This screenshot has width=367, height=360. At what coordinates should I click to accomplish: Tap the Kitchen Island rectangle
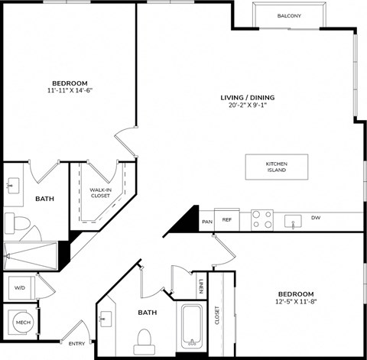[x=276, y=167]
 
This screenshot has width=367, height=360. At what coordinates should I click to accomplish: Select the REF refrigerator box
[x=227, y=220]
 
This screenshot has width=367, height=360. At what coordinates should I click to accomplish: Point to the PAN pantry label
[x=206, y=222]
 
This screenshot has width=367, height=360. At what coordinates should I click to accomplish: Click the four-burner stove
[x=262, y=220]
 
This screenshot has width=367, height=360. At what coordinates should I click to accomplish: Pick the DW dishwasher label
[x=316, y=218]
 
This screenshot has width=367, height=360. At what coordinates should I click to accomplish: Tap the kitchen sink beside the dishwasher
[x=293, y=221]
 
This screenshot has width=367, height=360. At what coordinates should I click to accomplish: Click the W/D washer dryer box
[x=20, y=288]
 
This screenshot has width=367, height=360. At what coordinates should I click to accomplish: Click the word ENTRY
[x=77, y=332]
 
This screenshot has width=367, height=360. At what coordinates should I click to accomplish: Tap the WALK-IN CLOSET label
[x=100, y=193]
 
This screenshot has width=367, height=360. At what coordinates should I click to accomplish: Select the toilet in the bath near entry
[x=143, y=337]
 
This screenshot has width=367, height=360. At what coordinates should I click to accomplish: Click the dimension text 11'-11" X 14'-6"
[x=70, y=90]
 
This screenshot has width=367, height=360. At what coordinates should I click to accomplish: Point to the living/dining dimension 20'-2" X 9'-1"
[x=247, y=106]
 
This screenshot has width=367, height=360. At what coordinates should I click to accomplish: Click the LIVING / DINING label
[x=247, y=98]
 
